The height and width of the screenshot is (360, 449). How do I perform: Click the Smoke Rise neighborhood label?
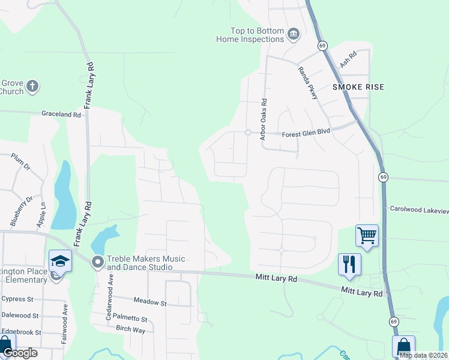tap(358, 87)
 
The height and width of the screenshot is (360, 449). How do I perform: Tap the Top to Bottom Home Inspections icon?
tap(294, 34)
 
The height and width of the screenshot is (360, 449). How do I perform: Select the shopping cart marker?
tap(367, 235)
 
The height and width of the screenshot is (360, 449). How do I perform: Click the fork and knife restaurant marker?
tap(349, 264)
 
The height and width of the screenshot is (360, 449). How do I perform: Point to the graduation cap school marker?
tap(60, 261)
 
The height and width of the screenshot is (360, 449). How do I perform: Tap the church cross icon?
tap(32, 86)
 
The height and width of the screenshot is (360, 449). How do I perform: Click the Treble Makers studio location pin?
tap(97, 262)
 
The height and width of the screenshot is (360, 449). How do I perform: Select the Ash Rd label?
tap(348, 59)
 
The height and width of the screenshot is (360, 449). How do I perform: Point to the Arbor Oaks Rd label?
tap(263, 120)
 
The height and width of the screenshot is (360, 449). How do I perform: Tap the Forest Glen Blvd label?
tap(306, 134)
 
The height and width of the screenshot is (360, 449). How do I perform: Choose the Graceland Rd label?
tap(61, 114)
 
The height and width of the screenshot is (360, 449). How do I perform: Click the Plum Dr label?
tap(20, 160)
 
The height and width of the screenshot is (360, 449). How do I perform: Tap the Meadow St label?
tap(149, 303)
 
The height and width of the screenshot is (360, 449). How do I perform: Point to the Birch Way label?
tap(130, 329)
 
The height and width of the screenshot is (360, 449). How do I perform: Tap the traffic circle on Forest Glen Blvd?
tap(247, 133)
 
